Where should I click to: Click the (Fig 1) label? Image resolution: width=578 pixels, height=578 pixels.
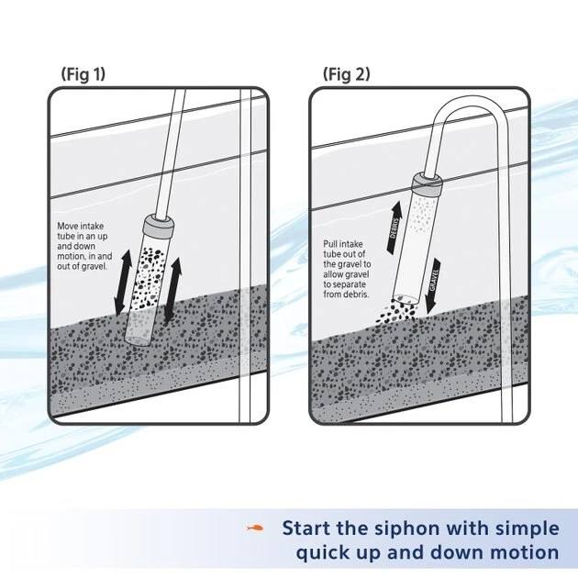tap(83, 73)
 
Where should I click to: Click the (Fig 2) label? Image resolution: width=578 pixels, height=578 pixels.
tap(347, 73)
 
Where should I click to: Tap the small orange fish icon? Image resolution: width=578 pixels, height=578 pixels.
tap(257, 528)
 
